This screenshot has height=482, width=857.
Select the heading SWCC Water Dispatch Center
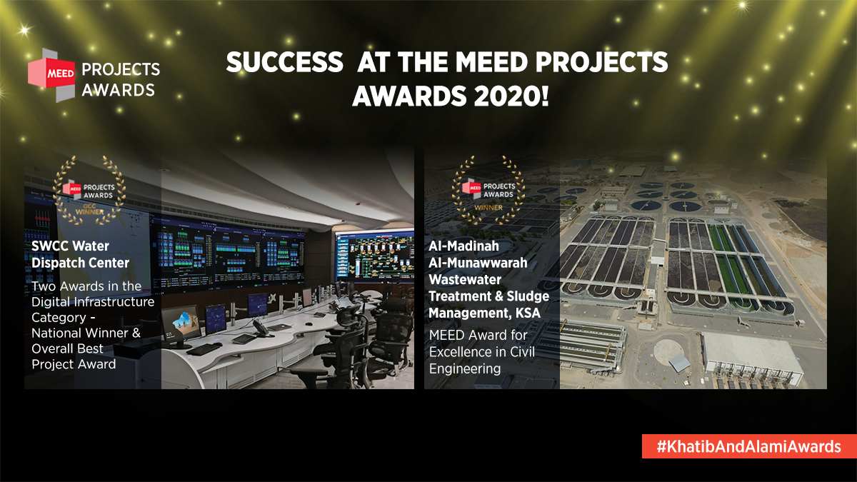(81, 254)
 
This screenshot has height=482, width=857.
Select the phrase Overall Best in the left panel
(68, 348)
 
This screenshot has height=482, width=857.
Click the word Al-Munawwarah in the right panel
(478, 263)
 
